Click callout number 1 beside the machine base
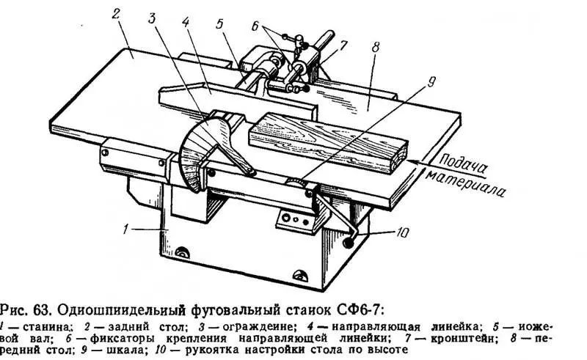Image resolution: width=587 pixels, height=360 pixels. coord(126,228)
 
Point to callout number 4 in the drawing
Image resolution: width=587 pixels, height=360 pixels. coord(186,21)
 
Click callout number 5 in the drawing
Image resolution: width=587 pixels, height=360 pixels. coord(219,23)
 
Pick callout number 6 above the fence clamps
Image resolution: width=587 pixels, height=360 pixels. coord(255,26)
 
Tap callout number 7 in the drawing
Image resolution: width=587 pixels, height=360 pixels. coord(343,46)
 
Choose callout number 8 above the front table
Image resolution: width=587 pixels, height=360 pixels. coord(376,48)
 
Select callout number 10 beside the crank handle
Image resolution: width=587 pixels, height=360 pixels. coord(402,232)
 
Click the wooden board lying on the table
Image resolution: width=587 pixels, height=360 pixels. coord(327,142)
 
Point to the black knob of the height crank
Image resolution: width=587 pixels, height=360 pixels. coord(350,243)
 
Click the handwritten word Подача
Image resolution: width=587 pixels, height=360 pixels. coord(463,164)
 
